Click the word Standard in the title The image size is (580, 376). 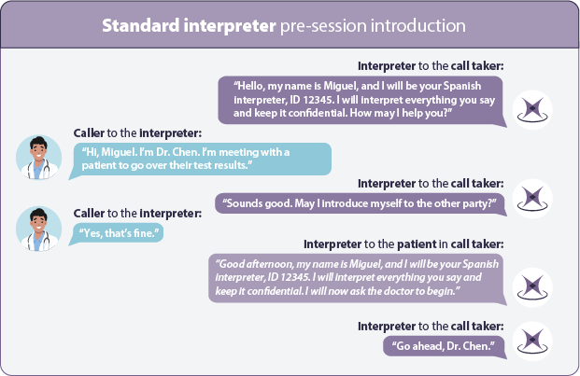point(140,26)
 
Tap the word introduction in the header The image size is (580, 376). point(418,26)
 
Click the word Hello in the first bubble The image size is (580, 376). point(249,86)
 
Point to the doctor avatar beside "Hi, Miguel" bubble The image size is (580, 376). point(39,158)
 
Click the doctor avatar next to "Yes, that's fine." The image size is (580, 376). point(39,229)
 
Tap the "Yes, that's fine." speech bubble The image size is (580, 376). point(116,234)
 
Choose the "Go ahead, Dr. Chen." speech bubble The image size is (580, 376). point(445,346)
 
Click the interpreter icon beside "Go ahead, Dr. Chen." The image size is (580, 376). point(532,341)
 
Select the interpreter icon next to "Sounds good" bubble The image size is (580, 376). point(532,199)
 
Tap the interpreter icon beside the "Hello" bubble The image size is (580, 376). point(532,110)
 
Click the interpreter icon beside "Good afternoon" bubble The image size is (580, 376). point(532,287)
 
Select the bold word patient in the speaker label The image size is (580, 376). point(417,244)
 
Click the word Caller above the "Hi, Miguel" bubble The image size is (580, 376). point(89,133)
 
